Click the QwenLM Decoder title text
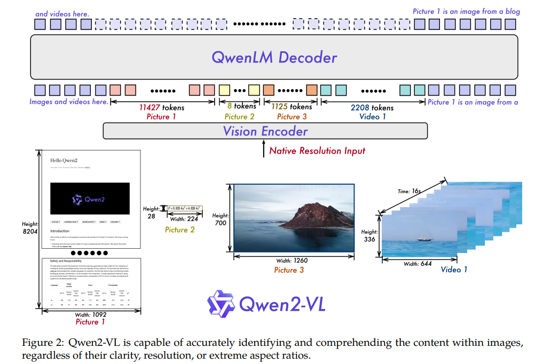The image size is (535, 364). (x=274, y=57)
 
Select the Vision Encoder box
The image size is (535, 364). (x=265, y=131)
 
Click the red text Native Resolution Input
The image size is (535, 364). (x=317, y=151)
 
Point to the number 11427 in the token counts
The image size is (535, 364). (x=150, y=107)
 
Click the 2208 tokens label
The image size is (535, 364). (x=372, y=107)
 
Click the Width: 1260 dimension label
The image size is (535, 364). (x=291, y=260)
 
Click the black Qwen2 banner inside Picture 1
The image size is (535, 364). (x=89, y=199)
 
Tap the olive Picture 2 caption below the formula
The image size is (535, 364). (x=179, y=230)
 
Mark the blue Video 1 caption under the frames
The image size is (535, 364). (x=454, y=269)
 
